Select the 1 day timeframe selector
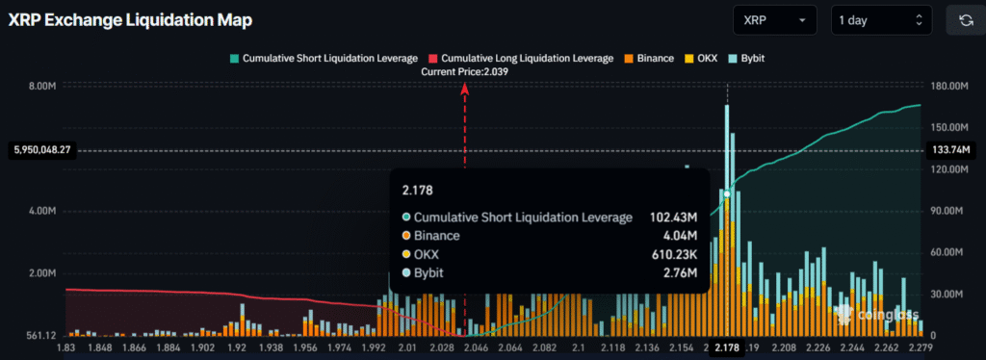[x=881, y=20]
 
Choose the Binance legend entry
[x=651, y=58]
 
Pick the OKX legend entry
[x=707, y=58]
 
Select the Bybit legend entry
[x=752, y=58]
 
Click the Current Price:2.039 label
[x=465, y=72]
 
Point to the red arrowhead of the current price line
[x=465, y=88]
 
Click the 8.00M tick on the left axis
[x=42, y=86]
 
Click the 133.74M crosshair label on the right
[x=951, y=150]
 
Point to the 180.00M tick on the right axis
[x=948, y=86]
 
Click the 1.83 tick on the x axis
[x=66, y=347]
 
